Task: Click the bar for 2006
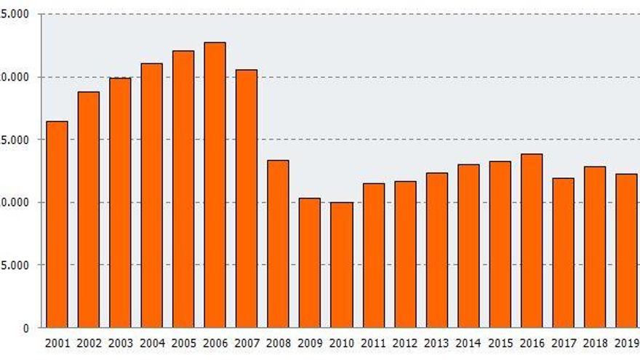tap(215, 185)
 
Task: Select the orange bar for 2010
tap(341, 265)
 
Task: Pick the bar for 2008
tap(278, 244)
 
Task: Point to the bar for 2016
tap(532, 241)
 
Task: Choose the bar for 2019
tap(626, 251)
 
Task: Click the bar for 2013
tap(437, 250)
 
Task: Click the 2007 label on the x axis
tap(247, 343)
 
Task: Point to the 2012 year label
tap(405, 343)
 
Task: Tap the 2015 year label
tap(500, 343)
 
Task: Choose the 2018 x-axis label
tap(595, 343)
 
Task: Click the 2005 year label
tap(183, 343)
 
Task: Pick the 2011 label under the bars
tap(373, 343)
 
